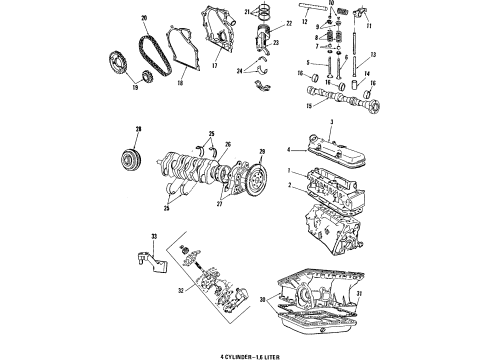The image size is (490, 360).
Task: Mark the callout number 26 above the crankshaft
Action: [211, 133]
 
